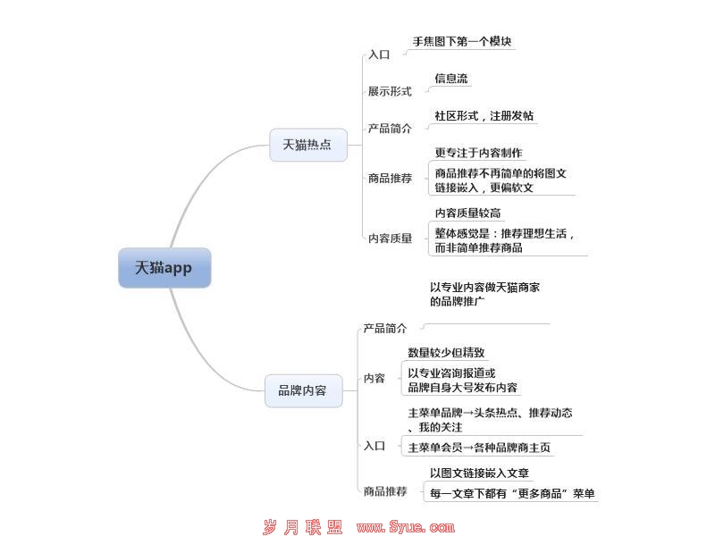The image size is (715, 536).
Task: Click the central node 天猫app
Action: (164, 267)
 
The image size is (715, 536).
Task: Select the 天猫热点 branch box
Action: (307, 145)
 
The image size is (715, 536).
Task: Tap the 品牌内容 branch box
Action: (303, 390)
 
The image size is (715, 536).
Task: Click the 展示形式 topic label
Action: (390, 91)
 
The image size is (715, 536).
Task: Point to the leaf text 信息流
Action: (451, 79)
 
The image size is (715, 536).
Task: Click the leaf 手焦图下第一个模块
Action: (462, 41)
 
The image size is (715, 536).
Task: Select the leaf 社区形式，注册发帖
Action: (484, 116)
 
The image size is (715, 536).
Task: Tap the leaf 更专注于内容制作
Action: (478, 153)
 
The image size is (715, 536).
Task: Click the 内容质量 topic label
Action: (390, 239)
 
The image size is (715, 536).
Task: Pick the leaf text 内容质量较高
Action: (467, 213)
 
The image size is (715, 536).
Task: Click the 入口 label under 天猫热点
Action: (379, 54)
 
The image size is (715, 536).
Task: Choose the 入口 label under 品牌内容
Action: (374, 446)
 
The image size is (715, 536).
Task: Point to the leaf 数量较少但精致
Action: (446, 352)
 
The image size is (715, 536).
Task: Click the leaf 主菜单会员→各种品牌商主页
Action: (479, 448)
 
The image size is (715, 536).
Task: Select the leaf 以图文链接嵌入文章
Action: (479, 473)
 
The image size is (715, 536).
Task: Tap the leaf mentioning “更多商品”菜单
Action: (512, 494)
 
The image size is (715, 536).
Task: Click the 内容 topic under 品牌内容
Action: (374, 378)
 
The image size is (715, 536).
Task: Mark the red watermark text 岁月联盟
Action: (303, 527)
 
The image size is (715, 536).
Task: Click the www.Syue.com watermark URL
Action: (406, 527)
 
